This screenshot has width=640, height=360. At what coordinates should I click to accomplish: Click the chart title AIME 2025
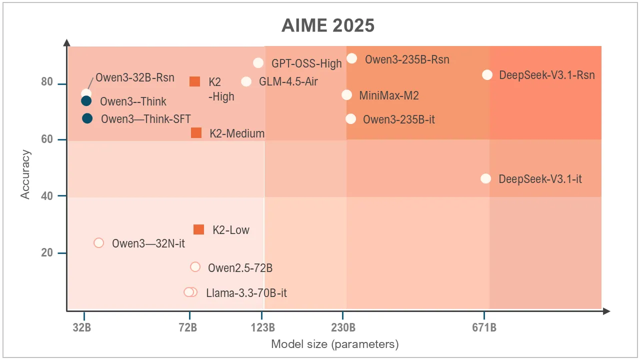tap(327, 25)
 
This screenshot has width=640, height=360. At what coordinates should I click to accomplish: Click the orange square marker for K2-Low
tap(198, 229)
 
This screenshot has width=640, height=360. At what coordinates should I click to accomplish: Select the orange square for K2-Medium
tap(196, 133)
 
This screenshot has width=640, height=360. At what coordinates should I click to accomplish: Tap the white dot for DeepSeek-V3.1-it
tap(485, 178)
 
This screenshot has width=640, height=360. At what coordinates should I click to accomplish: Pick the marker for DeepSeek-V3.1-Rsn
tap(487, 74)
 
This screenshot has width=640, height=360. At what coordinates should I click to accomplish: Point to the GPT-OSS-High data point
tap(258, 63)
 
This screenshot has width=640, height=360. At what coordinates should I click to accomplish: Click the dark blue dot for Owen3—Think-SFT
tap(87, 118)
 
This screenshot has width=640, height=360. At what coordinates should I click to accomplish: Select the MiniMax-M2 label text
tap(389, 95)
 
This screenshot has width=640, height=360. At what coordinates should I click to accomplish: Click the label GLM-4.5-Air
tap(288, 81)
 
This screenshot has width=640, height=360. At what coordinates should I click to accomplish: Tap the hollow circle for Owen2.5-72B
tap(195, 267)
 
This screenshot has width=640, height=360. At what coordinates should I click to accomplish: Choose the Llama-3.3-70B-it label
tap(246, 293)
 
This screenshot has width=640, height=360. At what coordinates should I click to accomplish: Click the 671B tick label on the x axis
tap(484, 328)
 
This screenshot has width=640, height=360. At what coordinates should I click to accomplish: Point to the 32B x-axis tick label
tap(81, 328)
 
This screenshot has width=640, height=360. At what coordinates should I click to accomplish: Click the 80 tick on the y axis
tap(47, 82)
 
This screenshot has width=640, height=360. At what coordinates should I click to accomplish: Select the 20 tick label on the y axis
tap(47, 252)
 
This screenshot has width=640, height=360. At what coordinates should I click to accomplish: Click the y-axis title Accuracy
tap(26, 174)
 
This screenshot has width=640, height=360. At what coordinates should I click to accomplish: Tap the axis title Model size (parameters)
tap(334, 344)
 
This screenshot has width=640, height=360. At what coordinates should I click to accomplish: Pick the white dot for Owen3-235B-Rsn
tap(352, 58)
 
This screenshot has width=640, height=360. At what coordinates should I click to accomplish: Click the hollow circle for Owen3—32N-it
tap(99, 243)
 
